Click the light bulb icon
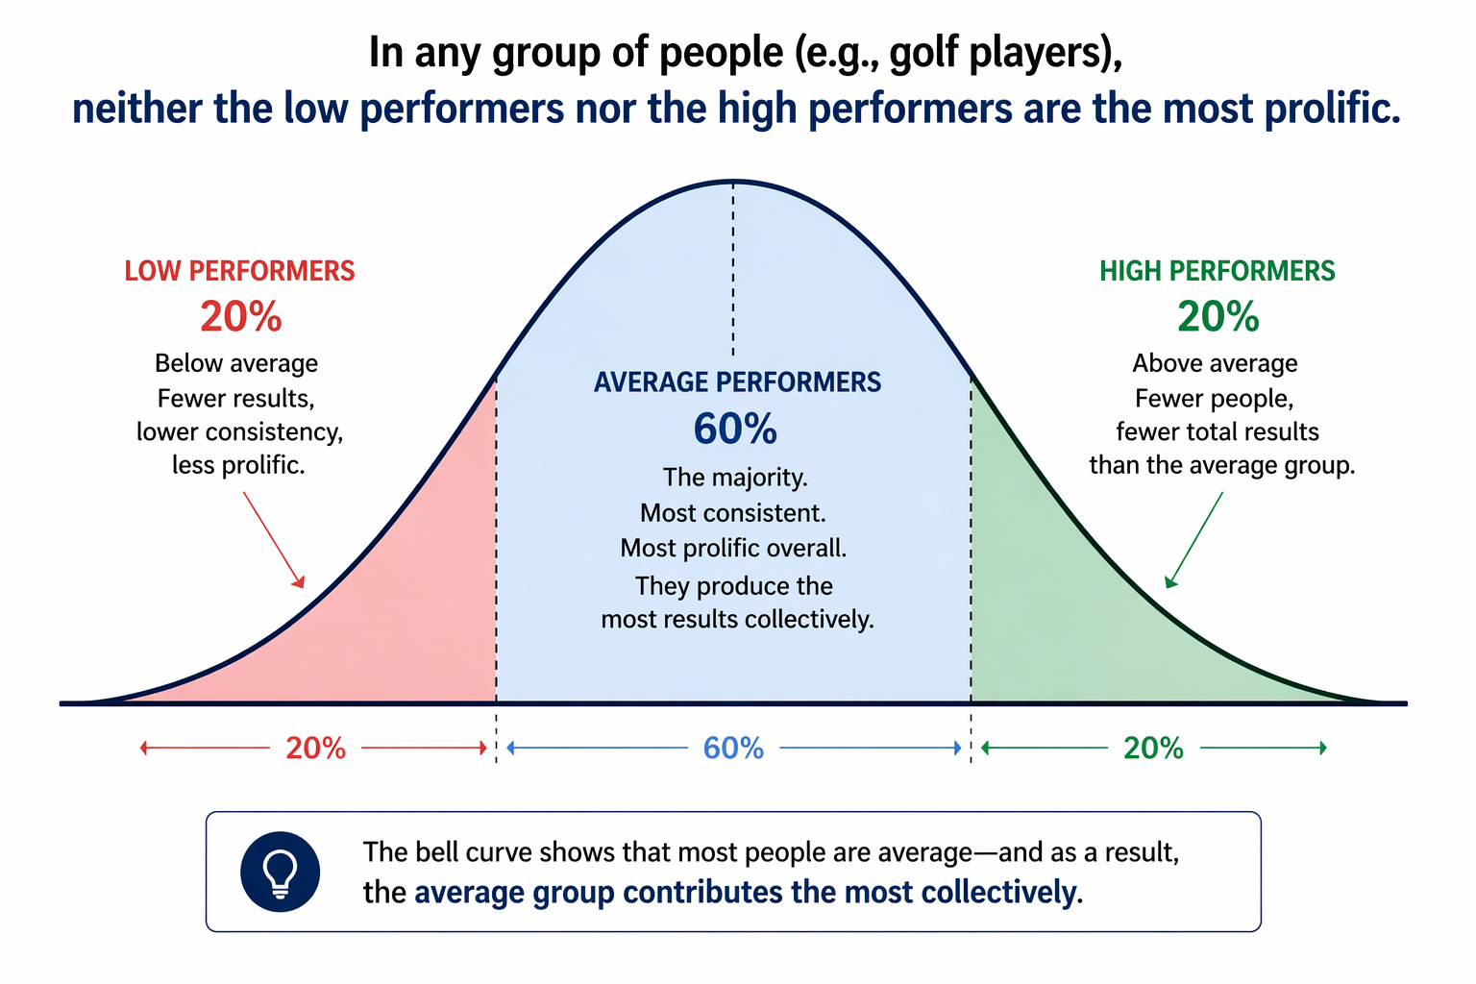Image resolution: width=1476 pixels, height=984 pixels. click(x=280, y=872)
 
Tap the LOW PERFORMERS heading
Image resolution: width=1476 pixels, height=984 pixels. click(x=239, y=271)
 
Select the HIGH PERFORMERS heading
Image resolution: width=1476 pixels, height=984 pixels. click(x=1217, y=271)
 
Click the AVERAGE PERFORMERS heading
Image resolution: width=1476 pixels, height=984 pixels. click(x=737, y=382)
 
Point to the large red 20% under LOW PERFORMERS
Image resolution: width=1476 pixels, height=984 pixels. click(x=240, y=316)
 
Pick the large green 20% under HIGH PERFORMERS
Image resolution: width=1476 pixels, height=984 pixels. click(x=1218, y=316)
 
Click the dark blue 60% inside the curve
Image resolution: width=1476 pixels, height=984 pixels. click(x=735, y=429)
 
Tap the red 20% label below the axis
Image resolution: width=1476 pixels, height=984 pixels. click(x=315, y=748)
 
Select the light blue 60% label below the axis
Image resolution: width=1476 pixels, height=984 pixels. click(x=733, y=748)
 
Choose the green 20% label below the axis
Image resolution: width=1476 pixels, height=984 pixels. click(x=1153, y=748)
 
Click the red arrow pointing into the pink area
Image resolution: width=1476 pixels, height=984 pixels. click(x=274, y=539)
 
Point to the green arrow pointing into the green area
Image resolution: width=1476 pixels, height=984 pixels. click(x=1194, y=539)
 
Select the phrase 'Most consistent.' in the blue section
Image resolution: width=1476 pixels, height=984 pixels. click(x=733, y=513)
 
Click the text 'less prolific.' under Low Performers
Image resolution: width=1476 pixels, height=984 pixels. click(x=238, y=465)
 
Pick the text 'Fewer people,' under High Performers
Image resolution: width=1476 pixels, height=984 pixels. click(x=1214, y=398)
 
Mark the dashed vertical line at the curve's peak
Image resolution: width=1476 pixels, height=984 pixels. click(x=733, y=269)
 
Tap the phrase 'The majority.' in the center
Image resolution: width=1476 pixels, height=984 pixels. click(x=735, y=478)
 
